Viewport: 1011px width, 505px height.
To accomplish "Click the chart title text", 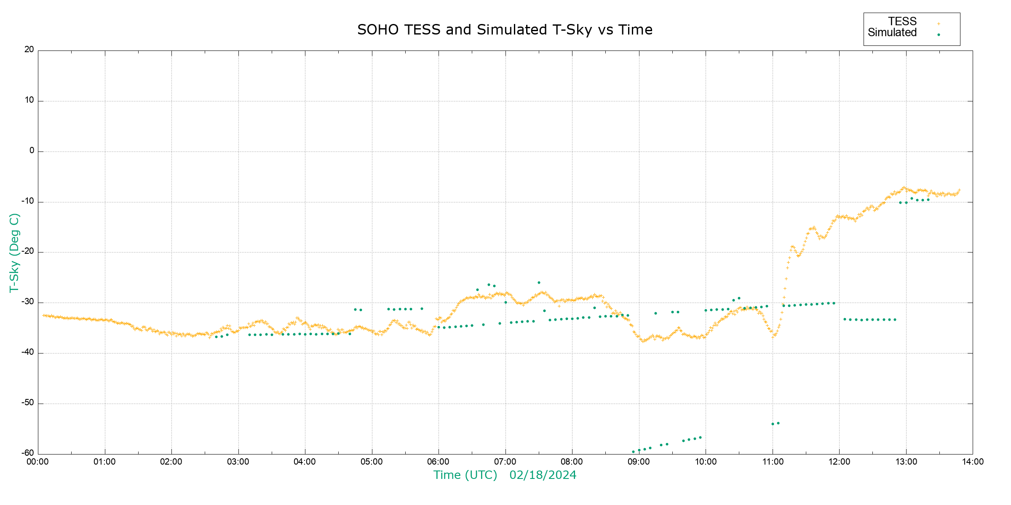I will point(505,30).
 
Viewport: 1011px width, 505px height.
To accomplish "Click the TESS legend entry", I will point(902,21).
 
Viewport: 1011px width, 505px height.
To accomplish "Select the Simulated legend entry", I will point(892,33).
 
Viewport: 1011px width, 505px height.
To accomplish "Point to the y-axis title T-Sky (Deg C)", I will point(14,252).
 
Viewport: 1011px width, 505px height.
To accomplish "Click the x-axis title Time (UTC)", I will point(465,475).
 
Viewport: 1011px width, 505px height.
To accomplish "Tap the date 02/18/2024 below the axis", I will point(543,475).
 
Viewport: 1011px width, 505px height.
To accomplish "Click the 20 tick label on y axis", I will point(29,50).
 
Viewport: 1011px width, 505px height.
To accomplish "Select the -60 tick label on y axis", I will point(28,453).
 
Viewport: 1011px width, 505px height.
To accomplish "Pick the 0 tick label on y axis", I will point(32,151).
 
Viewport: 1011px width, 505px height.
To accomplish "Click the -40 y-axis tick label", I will point(28,352).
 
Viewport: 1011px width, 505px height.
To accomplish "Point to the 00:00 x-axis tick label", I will point(38,462).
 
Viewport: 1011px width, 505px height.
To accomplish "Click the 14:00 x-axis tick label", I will point(973,462).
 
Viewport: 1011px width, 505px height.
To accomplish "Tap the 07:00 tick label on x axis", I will point(505,462).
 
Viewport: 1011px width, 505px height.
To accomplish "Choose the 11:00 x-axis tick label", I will point(773,462).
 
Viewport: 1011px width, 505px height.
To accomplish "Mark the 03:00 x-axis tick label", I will point(238,462).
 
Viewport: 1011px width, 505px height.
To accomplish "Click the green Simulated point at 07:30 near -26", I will point(539,283).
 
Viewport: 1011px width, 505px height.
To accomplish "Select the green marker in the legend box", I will point(939,35).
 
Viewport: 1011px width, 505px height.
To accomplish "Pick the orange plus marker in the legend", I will point(939,24).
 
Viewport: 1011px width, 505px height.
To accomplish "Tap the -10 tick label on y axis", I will point(28,201).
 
